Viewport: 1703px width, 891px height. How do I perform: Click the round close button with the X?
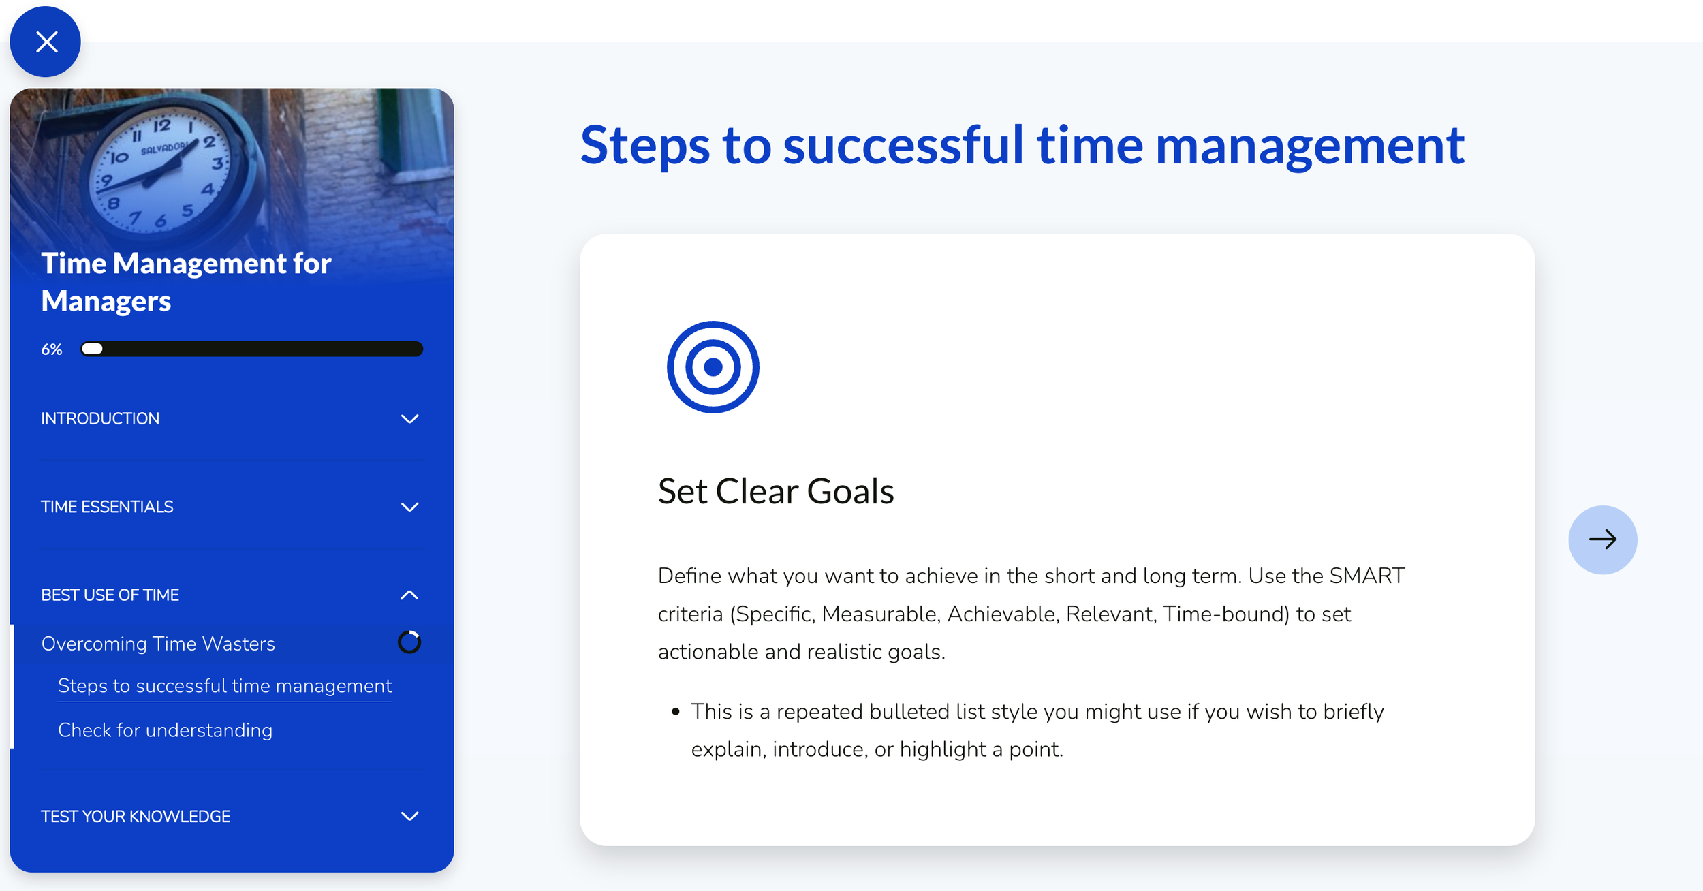pyautogui.click(x=46, y=42)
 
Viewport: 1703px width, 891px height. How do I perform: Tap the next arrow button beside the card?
pyautogui.click(x=1602, y=540)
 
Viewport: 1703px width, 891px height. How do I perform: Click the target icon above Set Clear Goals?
pyautogui.click(x=713, y=367)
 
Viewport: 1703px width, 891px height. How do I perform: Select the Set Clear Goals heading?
pyautogui.click(x=775, y=491)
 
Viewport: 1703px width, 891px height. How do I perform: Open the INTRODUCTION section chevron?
pyautogui.click(x=409, y=419)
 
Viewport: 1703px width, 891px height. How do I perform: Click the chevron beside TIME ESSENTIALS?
pyautogui.click(x=409, y=507)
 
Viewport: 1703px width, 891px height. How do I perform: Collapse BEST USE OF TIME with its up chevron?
pyautogui.click(x=409, y=595)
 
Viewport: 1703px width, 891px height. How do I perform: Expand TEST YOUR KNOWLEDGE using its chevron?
pyautogui.click(x=409, y=816)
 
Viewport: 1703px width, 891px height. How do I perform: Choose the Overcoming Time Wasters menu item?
pyautogui.click(x=158, y=644)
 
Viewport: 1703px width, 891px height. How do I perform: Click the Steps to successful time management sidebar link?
pyautogui.click(x=225, y=686)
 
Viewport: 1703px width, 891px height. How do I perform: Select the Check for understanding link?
pyautogui.click(x=165, y=730)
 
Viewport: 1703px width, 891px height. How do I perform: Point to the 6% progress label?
pyautogui.click(x=52, y=349)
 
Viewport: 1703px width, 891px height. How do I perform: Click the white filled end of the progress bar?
pyautogui.click(x=92, y=349)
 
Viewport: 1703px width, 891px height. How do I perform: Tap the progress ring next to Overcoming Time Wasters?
pyautogui.click(x=409, y=642)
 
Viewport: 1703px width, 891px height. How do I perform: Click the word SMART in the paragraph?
pyautogui.click(x=1366, y=576)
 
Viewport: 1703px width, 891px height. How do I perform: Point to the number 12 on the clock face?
pyautogui.click(x=162, y=125)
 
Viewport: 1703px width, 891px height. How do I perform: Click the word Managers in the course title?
pyautogui.click(x=106, y=301)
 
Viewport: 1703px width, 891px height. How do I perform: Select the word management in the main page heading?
pyautogui.click(x=1309, y=145)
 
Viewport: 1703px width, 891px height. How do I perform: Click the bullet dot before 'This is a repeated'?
pyautogui.click(x=675, y=712)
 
